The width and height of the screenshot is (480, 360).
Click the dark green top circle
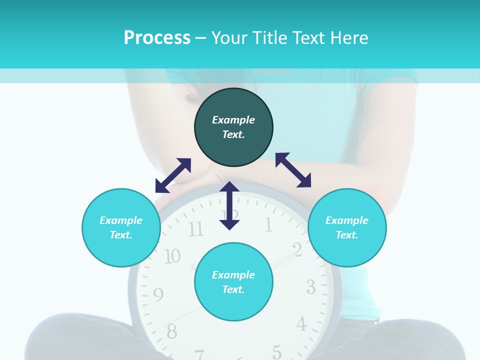tap(233, 127)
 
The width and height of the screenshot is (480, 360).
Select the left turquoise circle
tap(121, 227)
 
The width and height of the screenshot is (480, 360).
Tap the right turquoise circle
tap(347, 227)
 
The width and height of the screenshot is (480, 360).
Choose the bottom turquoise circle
tap(233, 281)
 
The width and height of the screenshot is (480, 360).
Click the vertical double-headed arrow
tap(229, 205)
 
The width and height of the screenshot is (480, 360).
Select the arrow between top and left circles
tap(173, 175)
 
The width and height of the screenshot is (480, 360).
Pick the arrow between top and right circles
tap(293, 170)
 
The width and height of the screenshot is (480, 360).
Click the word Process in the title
tap(157, 37)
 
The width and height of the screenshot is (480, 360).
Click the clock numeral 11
tap(195, 229)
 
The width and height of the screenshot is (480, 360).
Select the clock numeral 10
tap(172, 256)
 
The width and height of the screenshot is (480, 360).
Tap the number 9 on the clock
tap(158, 295)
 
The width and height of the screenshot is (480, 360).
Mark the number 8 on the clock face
tap(171, 330)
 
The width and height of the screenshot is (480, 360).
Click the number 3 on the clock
tap(310, 287)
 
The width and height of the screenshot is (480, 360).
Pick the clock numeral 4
tap(301, 324)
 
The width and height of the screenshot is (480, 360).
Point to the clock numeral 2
tap(297, 249)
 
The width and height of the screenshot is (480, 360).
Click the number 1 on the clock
tap(268, 225)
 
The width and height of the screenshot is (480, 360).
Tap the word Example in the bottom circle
tap(233, 274)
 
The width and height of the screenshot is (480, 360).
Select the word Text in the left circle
tap(121, 235)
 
